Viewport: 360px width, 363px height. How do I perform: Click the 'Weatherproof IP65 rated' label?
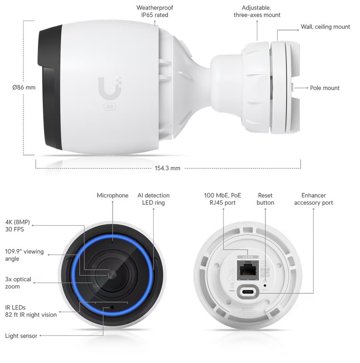coord(155,11)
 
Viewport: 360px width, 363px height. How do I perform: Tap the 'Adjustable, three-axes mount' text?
coord(257,11)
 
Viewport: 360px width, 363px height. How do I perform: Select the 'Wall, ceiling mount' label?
coord(325,27)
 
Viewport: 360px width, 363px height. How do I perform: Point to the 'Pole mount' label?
coord(325,88)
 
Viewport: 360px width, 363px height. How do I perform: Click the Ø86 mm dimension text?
coord(24,88)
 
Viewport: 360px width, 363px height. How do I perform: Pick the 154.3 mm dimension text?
coord(168,168)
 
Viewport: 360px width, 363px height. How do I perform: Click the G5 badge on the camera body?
coord(109,107)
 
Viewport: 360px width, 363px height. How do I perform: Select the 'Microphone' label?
coord(113,196)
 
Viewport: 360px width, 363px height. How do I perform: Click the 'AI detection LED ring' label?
coord(153,199)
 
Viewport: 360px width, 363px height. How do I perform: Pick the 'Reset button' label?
coord(265,199)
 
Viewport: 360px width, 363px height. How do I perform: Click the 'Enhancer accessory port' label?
coord(313,199)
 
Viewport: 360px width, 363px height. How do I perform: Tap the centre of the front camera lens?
coord(112,275)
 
